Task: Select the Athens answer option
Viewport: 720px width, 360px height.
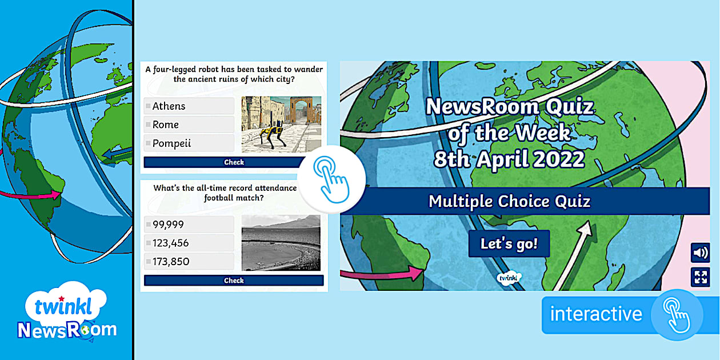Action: (x=189, y=106)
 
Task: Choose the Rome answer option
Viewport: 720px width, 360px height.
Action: (x=189, y=125)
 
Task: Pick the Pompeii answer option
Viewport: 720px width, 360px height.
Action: (x=189, y=143)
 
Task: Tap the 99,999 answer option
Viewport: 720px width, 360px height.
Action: (x=189, y=224)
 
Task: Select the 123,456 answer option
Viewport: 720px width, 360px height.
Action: (x=189, y=243)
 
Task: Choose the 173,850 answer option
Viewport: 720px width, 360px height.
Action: (x=189, y=261)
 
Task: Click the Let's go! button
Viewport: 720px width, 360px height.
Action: (x=509, y=243)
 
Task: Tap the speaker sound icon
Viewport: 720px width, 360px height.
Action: (x=701, y=253)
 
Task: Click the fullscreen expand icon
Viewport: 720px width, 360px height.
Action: (x=701, y=277)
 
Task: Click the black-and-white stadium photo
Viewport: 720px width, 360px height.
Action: (x=281, y=243)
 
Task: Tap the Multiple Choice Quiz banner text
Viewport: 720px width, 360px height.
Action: (x=510, y=202)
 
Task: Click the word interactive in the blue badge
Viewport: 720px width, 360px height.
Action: (x=596, y=314)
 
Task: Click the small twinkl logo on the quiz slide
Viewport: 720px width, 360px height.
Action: (x=509, y=278)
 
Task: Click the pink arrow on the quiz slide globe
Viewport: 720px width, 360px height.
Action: (x=382, y=274)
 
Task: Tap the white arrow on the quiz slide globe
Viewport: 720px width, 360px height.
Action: (x=574, y=255)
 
